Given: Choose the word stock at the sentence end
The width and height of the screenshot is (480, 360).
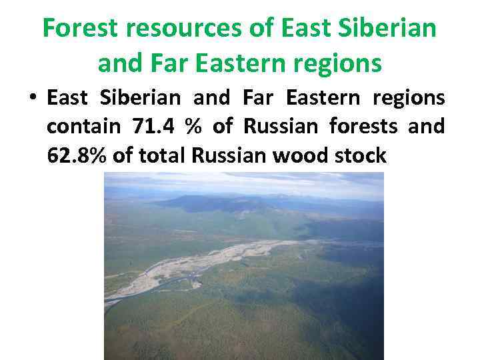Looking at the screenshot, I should pyautogui.click(x=361, y=155).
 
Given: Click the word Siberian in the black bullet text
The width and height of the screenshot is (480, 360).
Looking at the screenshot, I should pyautogui.click(x=140, y=98).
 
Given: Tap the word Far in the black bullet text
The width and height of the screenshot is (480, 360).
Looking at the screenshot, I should pyautogui.click(x=257, y=98).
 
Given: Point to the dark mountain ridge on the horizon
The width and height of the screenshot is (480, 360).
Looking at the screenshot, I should pyautogui.click(x=220, y=202).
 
